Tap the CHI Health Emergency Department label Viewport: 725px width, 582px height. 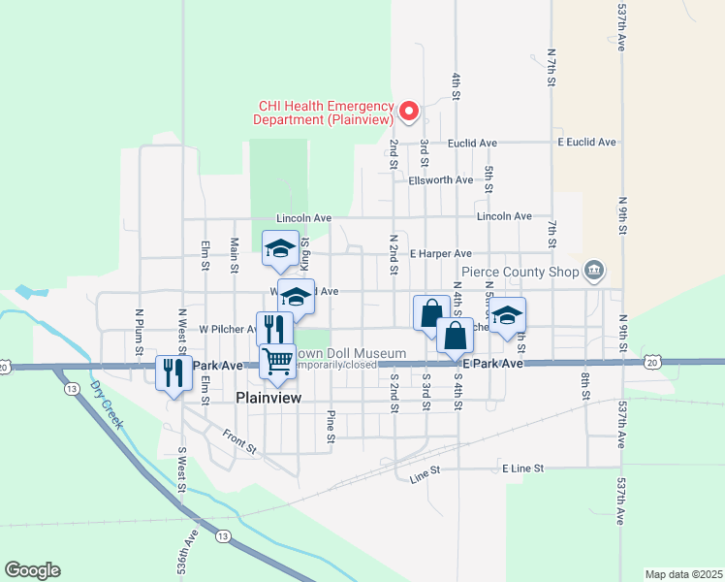tap(324, 113)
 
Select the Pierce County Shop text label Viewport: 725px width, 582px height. tap(520, 272)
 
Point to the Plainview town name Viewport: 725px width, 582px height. tap(269, 398)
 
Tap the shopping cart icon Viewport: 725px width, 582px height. tap(277, 361)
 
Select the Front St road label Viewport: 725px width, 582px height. tap(238, 441)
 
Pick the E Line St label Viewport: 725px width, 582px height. tap(526, 468)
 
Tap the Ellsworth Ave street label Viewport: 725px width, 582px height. tap(441, 180)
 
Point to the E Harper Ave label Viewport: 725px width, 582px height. tap(440, 253)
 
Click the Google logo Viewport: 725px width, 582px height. tap(32, 570)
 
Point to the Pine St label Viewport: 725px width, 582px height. tap(331, 425)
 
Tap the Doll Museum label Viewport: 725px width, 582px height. tap(352, 353)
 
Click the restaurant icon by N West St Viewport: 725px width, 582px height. tap(173, 372)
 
